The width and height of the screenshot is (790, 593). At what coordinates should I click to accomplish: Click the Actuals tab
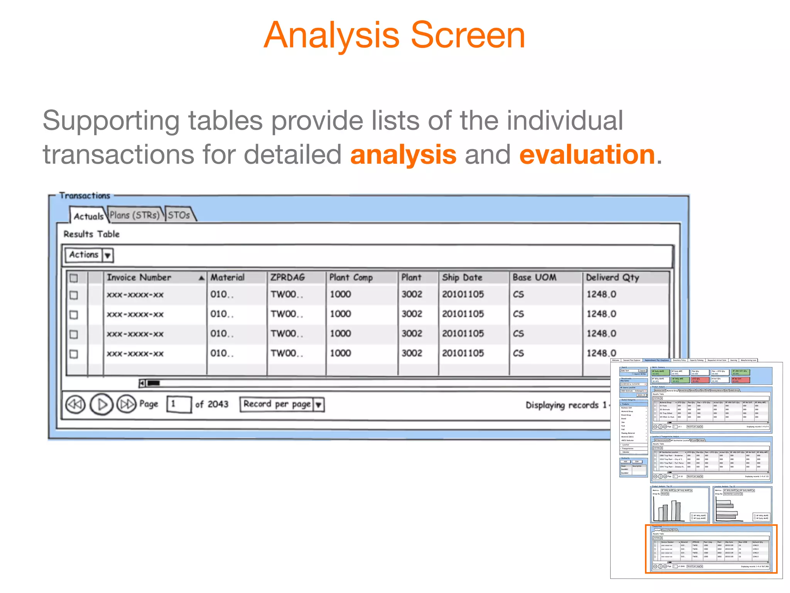[x=88, y=216]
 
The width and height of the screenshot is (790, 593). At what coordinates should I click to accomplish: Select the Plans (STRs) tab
[x=135, y=215]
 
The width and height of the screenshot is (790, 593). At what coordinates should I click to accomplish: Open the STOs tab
[x=179, y=215]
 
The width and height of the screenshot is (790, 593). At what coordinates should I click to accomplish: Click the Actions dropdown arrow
[x=108, y=255]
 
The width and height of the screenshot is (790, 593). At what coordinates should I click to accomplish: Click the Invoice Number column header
[x=139, y=277]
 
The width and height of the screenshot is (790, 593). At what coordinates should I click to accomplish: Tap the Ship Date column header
[x=462, y=277]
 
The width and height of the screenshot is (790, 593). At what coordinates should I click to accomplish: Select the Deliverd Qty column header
[x=613, y=277]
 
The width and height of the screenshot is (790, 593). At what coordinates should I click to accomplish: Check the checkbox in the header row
[x=74, y=278]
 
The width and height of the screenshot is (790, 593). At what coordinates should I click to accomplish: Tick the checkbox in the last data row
[x=74, y=354]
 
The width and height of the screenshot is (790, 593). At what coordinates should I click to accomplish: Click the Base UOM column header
[x=534, y=277]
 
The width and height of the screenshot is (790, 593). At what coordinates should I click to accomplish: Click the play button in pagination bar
[x=101, y=404]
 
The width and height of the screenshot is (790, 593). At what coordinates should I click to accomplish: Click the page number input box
[x=179, y=404]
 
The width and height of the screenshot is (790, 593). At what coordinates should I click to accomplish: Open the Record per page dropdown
[x=319, y=405]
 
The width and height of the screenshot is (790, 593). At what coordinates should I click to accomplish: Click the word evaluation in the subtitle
[x=587, y=154]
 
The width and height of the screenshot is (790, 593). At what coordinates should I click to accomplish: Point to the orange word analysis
[x=403, y=154]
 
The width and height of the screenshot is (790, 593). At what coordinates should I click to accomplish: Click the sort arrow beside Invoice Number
[x=201, y=278]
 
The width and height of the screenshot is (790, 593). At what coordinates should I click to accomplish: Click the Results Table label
[x=91, y=234]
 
